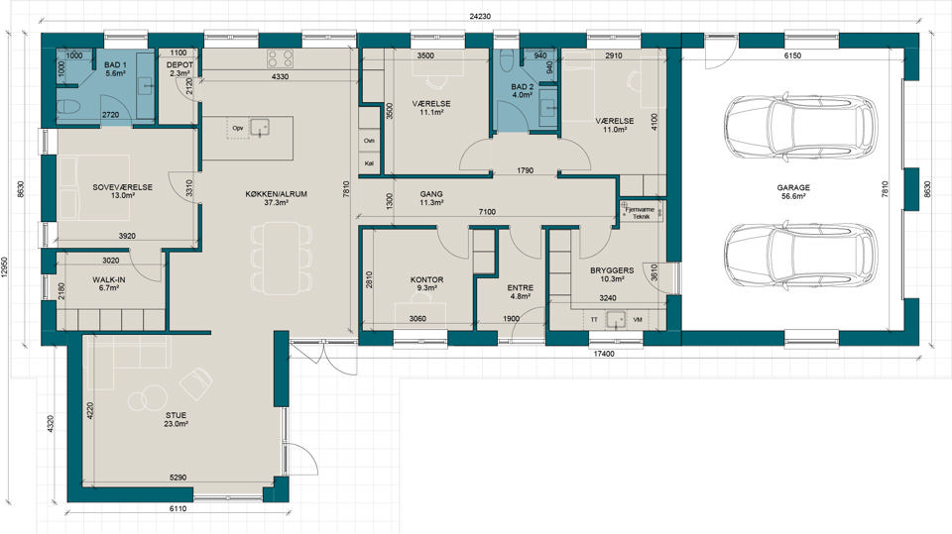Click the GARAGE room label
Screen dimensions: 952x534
pyautogui.click(x=793, y=187)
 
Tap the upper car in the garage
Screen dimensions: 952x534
pyautogui.click(x=800, y=128)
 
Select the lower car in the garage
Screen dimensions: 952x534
pyautogui.click(x=800, y=254)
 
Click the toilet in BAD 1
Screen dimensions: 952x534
pyautogui.click(x=68, y=109)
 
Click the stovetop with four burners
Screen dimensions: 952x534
pyautogui.click(x=281, y=58)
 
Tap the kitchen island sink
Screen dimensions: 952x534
pyautogui.click(x=261, y=128)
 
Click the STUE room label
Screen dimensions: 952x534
pyautogui.click(x=176, y=416)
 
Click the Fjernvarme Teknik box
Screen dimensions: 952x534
pyautogui.click(x=642, y=211)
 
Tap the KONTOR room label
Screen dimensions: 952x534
pyautogui.click(x=426, y=279)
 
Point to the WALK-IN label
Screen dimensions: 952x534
pyautogui.click(x=109, y=279)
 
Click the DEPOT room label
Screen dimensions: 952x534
pyautogui.click(x=179, y=65)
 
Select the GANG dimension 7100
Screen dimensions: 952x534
pyautogui.click(x=487, y=212)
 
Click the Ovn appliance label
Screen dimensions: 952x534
pyautogui.click(x=369, y=141)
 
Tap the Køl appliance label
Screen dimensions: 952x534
pyautogui.click(x=369, y=163)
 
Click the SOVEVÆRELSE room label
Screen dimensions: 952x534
pyautogui.click(x=123, y=187)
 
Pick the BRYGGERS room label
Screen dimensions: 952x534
pyautogui.click(x=612, y=270)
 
